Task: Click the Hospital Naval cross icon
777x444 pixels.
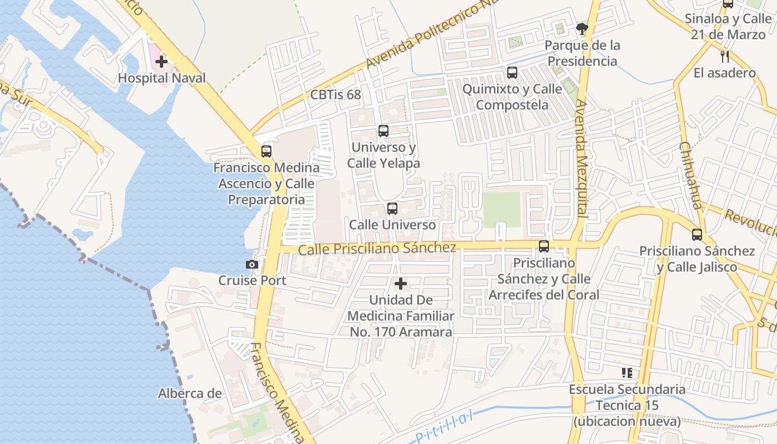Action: tap(162, 61)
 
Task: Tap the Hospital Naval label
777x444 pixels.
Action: tap(162, 78)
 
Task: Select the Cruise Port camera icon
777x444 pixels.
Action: tap(252, 265)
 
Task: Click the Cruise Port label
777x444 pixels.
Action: tap(252, 280)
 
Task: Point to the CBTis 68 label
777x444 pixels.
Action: tap(335, 95)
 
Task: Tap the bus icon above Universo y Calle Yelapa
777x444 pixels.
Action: tap(384, 131)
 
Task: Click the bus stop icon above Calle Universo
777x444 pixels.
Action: tap(392, 209)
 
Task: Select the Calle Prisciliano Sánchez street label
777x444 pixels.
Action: tap(377, 248)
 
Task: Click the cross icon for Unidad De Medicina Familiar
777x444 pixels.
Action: tap(400, 284)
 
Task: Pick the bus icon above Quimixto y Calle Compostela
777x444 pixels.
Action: tap(512, 73)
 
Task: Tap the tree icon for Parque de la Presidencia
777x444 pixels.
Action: tap(582, 28)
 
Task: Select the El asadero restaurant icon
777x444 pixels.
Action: tap(724, 56)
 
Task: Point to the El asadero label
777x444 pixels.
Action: tap(724, 73)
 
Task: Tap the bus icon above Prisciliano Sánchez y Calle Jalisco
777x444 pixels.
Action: tap(697, 235)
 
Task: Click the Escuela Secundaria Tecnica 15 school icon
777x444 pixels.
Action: tap(627, 373)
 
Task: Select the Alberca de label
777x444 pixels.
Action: tap(190, 393)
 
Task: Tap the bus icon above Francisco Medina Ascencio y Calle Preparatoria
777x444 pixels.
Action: tap(266, 151)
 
